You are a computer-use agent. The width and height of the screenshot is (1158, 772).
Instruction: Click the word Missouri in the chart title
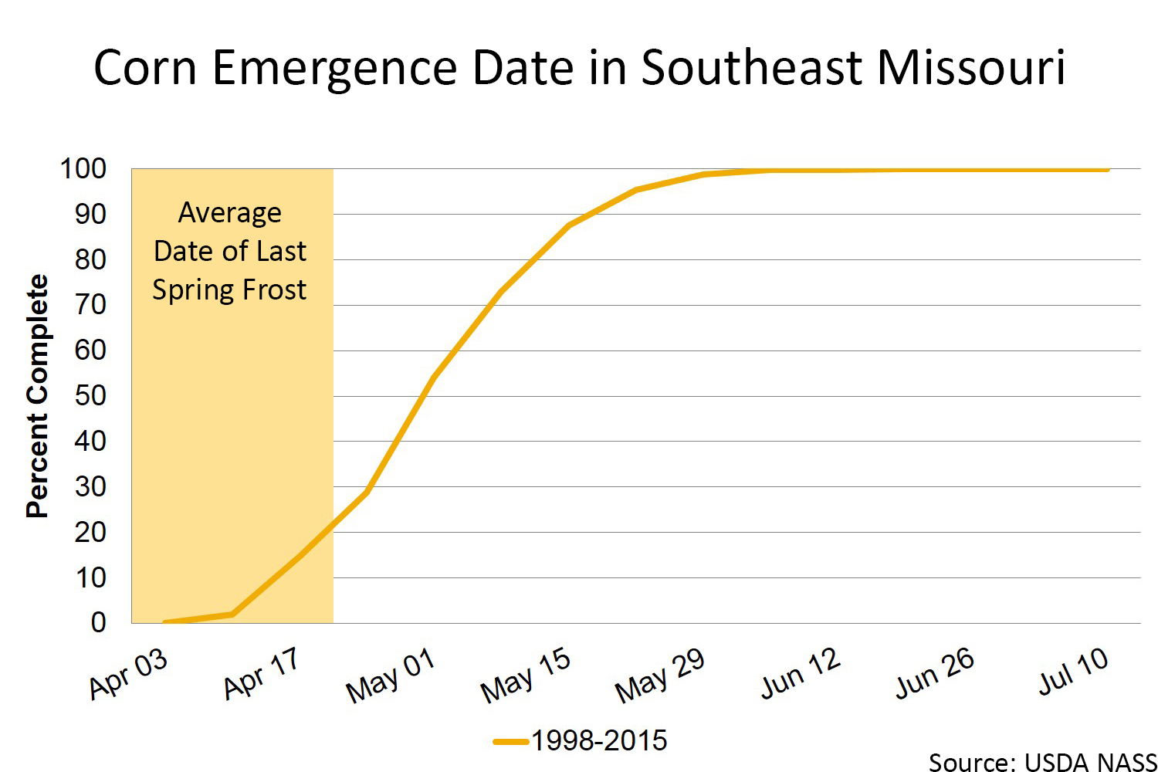tap(971, 67)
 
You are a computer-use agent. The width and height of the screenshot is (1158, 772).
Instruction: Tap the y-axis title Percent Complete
tap(37, 395)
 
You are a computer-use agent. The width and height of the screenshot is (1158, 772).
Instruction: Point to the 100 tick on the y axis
tap(83, 168)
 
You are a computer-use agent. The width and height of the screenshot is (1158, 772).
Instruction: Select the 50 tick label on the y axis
tap(90, 395)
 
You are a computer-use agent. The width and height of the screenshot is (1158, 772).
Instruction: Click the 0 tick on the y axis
tap(98, 622)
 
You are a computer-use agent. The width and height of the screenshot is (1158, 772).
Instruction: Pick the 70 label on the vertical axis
tap(90, 305)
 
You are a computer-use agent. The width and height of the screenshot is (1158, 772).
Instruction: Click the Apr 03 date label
tap(128, 674)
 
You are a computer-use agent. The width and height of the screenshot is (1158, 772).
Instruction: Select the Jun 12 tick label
tap(801, 673)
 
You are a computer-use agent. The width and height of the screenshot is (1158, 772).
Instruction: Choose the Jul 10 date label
tap(1073, 672)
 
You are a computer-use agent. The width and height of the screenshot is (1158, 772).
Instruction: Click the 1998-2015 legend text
tap(599, 740)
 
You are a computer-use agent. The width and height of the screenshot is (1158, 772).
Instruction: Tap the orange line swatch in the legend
tap(510, 742)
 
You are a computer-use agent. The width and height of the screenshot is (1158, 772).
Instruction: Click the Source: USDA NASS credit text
tap(1042, 762)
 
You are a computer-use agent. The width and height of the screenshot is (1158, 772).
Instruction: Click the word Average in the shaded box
tap(230, 212)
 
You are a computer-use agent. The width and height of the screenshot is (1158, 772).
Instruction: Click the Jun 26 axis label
tap(935, 673)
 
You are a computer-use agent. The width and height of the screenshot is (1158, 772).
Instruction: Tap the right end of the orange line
tap(1107, 169)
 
